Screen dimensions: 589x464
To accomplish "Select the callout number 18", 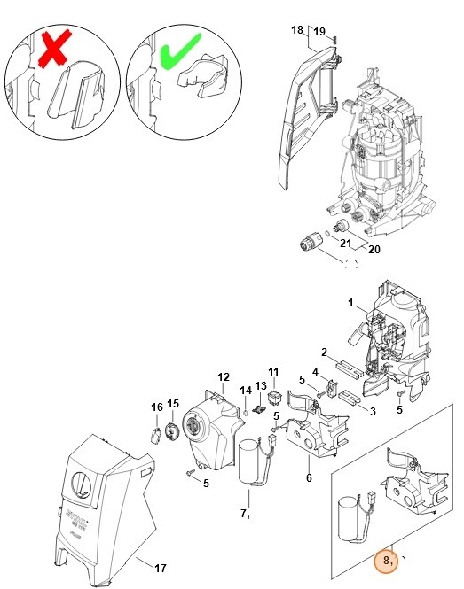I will tap(297, 30).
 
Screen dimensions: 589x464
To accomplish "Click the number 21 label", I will tap(346, 243).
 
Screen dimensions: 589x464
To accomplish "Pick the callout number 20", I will tap(374, 250).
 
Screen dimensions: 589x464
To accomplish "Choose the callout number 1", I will tap(351, 304).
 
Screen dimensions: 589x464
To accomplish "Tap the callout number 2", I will tap(325, 351).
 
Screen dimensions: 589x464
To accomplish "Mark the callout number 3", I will tap(373, 411).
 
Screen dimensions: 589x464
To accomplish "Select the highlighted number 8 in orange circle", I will tap(386, 560).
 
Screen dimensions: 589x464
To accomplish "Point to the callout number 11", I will tap(273, 371).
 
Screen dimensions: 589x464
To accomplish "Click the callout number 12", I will tap(224, 377).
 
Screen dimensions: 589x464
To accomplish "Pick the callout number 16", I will tap(156, 407).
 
